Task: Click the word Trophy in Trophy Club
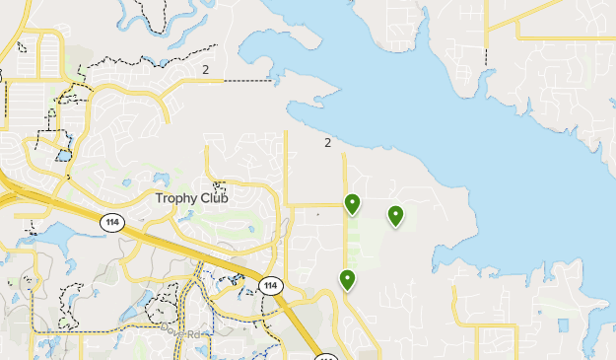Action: (177, 198)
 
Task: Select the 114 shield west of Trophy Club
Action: (110, 224)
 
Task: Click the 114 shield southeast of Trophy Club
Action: (270, 286)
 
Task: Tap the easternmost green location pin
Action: (395, 215)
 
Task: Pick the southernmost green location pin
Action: (347, 279)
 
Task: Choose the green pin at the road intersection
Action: (352, 203)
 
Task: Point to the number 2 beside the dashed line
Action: (205, 69)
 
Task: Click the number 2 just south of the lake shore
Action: (327, 143)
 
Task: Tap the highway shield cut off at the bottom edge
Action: (326, 354)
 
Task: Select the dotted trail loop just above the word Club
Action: (220, 184)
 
